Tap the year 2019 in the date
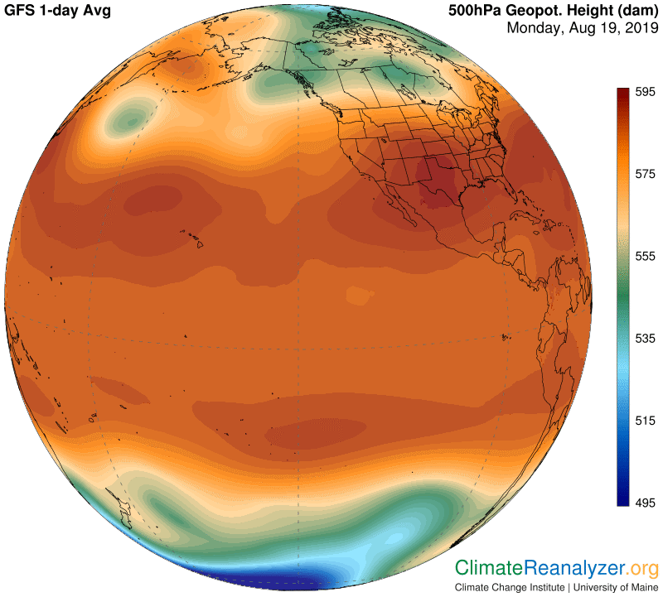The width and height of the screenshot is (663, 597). [x=638, y=28]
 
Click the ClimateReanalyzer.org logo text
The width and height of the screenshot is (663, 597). [x=555, y=569]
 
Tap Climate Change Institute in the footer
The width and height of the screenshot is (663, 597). [x=509, y=588]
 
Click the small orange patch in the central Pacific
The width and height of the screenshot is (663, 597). [x=357, y=295]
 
